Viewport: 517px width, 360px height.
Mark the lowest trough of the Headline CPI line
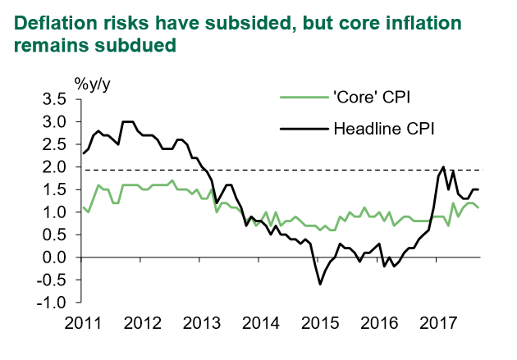[320, 285]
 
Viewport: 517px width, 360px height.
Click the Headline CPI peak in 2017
[444, 167]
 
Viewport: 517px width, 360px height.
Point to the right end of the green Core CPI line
[478, 207]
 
